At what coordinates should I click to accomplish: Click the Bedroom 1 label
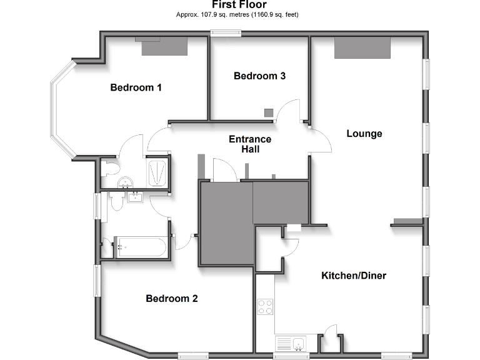[x=136, y=87]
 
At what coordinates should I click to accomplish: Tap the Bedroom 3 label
[x=259, y=76]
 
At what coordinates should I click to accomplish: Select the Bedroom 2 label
[x=172, y=299]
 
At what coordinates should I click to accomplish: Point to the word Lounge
[x=364, y=134]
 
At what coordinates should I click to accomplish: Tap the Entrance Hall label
[x=250, y=144]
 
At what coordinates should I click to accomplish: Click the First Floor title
[x=239, y=4]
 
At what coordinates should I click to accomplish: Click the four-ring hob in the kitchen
[x=265, y=307]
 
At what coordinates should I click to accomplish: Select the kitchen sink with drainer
[x=291, y=344]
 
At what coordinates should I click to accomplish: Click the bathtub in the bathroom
[x=139, y=247]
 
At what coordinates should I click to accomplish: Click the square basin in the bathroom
[x=136, y=198]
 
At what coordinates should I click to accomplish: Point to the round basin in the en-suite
[x=126, y=182]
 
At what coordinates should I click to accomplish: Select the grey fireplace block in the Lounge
[x=363, y=48]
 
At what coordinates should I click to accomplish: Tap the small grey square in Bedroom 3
[x=268, y=112]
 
